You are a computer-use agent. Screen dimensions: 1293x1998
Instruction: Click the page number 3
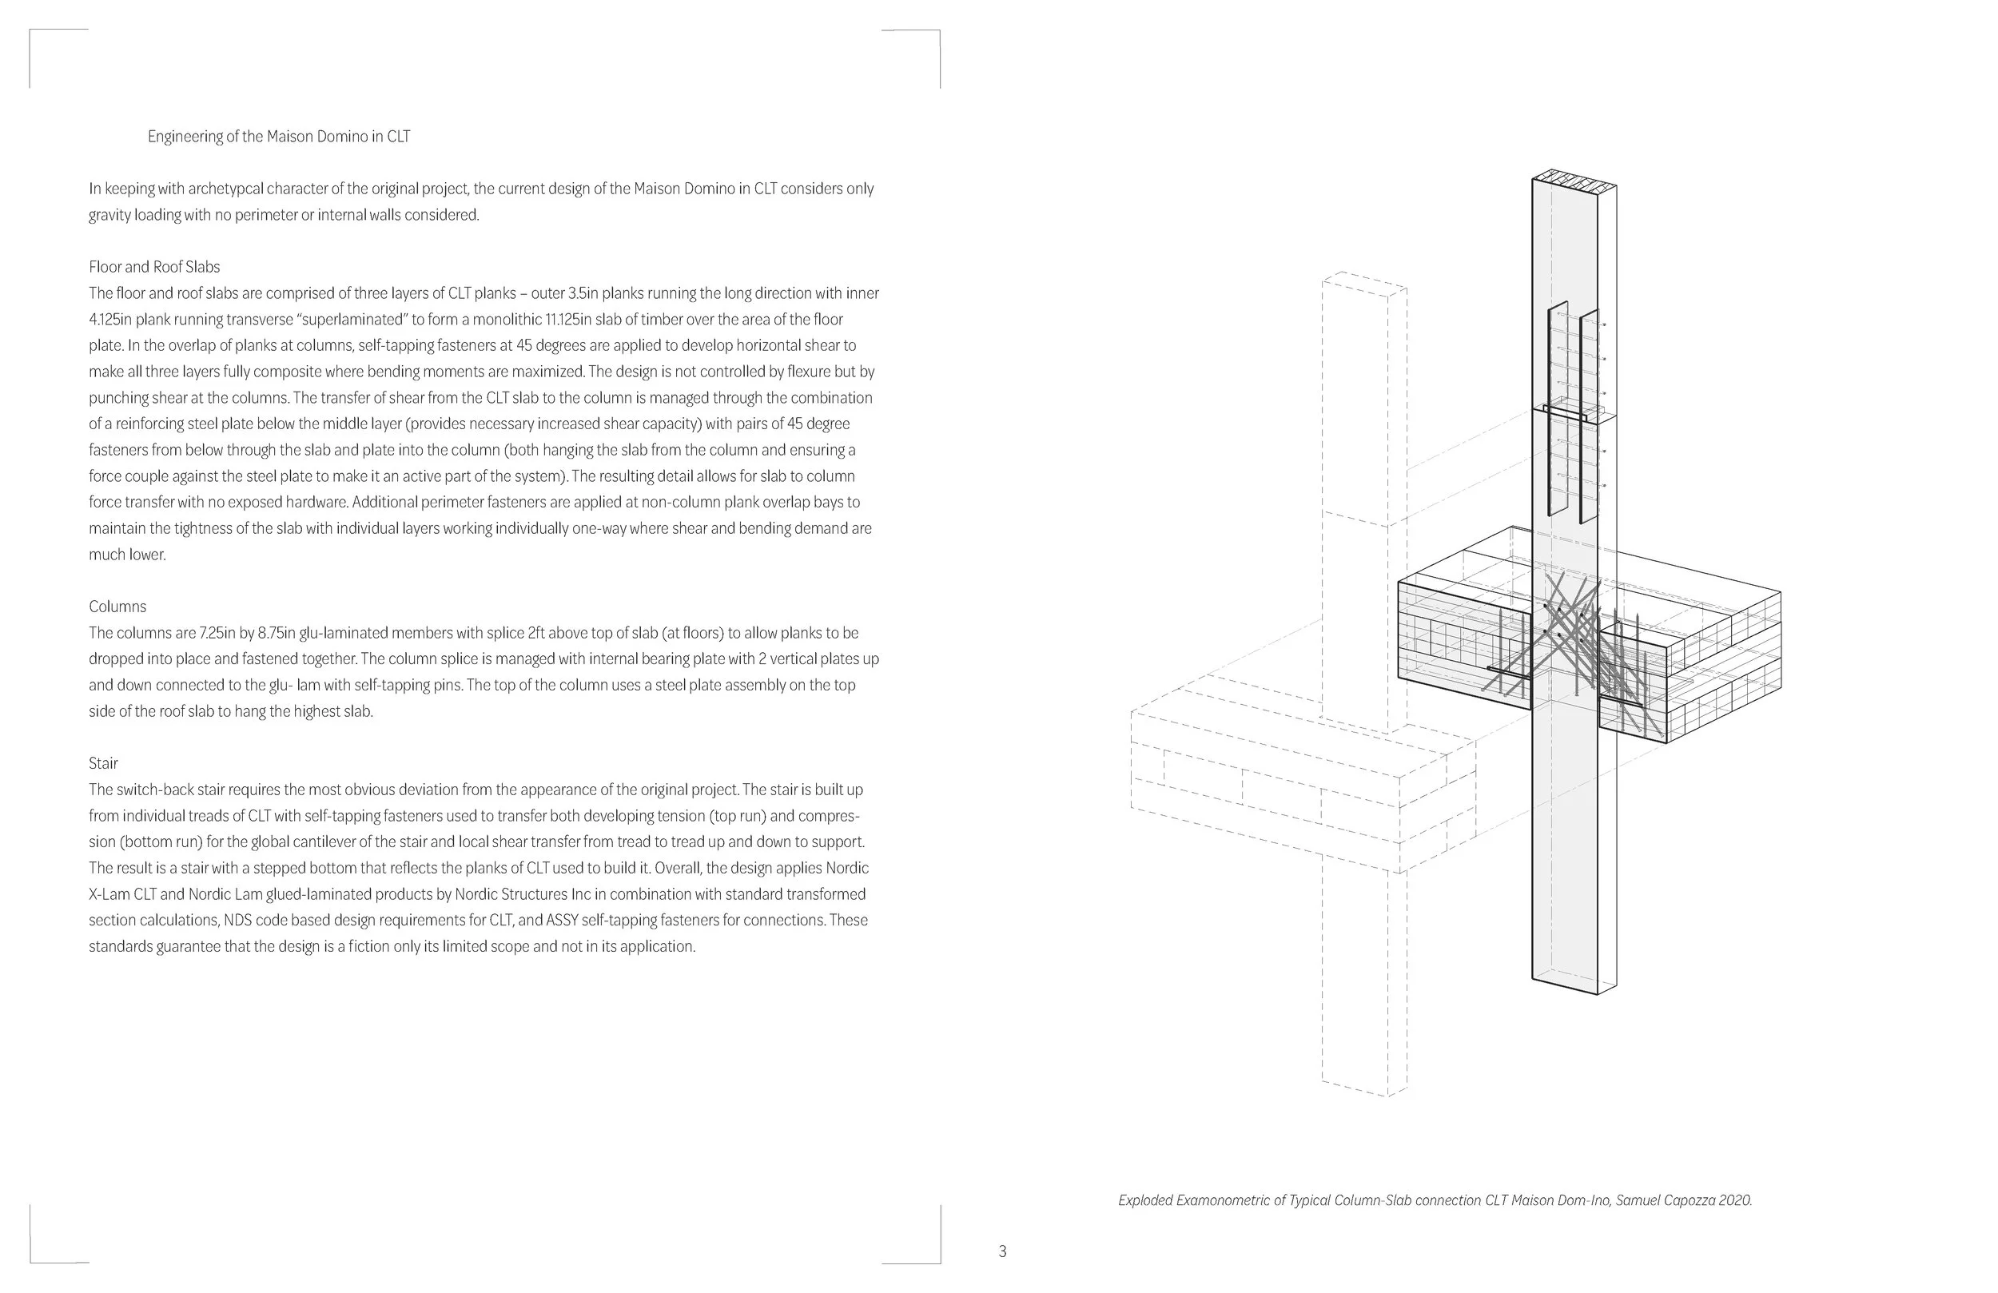point(1002,1251)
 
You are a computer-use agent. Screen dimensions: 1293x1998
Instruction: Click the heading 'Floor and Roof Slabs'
point(154,267)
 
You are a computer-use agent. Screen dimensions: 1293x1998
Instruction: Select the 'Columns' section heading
point(117,607)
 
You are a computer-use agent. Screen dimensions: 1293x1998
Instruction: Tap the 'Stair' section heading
point(103,763)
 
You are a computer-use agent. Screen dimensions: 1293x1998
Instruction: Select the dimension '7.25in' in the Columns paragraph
point(217,633)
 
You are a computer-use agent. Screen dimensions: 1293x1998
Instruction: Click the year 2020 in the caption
point(1734,1200)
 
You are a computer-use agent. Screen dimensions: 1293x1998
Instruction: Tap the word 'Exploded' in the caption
point(1145,1200)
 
